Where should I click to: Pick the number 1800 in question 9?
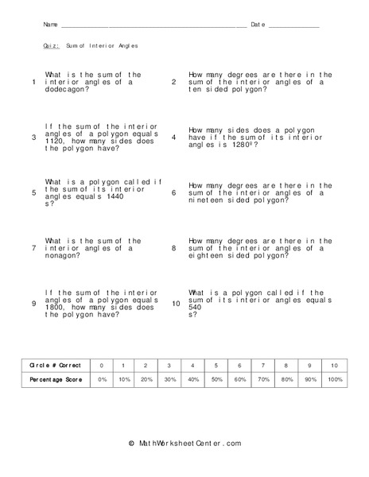click(56, 307)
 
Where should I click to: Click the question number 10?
click(176, 304)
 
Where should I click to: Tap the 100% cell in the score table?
click(334, 380)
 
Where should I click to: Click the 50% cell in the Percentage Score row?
click(216, 380)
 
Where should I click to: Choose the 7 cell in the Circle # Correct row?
click(263, 365)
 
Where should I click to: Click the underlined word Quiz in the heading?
click(51, 46)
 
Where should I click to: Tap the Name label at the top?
click(49, 25)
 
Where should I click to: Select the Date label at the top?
click(257, 25)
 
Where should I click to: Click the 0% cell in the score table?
click(101, 380)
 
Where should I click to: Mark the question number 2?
click(173, 82)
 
